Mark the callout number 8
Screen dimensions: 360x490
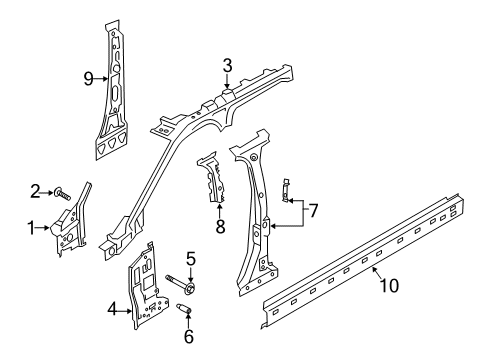click(x=219, y=226)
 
